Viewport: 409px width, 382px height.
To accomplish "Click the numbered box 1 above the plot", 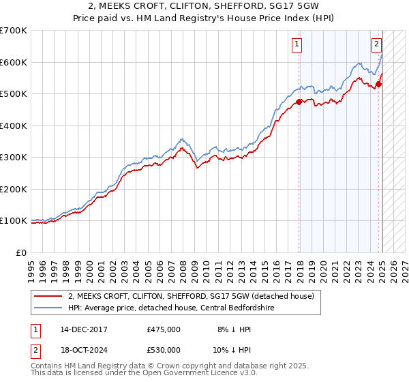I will (x=298, y=46).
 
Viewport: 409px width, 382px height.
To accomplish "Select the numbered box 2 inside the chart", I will (x=376, y=46).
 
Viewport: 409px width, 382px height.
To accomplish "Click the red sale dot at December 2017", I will (x=298, y=102).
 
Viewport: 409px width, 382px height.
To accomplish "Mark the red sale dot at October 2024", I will (x=378, y=85).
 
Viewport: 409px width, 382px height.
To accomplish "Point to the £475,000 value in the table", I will (x=164, y=329).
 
